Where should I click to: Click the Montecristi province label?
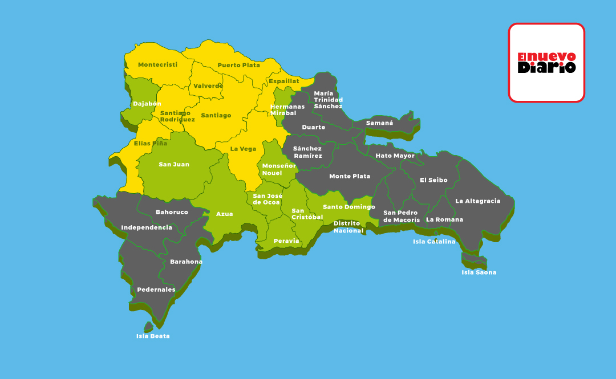157,64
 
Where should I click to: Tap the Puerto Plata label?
238,65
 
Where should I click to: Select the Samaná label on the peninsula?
379,123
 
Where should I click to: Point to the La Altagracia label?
477,201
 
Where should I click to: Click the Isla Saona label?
479,272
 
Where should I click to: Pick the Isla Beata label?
153,336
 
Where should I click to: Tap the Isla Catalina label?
434,241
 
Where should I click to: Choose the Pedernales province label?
156,290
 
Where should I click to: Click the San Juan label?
174,164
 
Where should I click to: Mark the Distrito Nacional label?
348,227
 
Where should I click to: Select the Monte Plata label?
350,176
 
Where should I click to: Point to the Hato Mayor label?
395,156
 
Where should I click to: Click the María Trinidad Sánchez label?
328,100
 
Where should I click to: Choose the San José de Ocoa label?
267,199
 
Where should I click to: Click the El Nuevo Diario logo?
546,63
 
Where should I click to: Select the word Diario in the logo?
546,68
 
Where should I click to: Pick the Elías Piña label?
151,143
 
